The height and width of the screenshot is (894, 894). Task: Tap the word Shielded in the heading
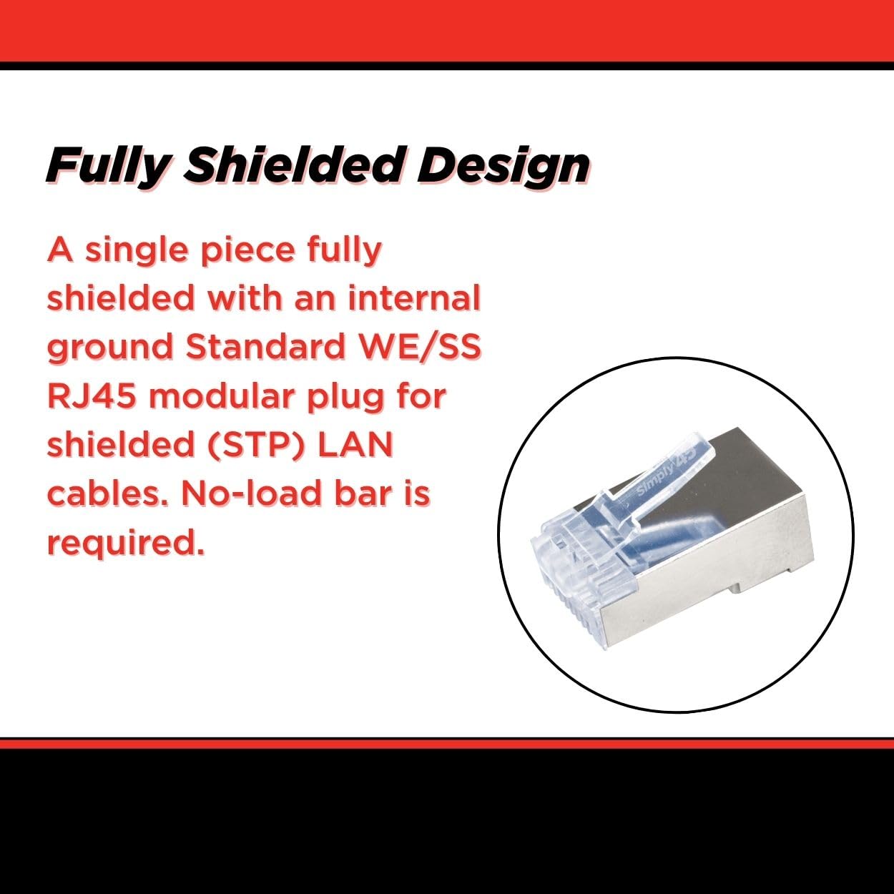(293, 164)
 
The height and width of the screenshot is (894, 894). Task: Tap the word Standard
(266, 347)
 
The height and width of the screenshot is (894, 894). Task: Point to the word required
(126, 544)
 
